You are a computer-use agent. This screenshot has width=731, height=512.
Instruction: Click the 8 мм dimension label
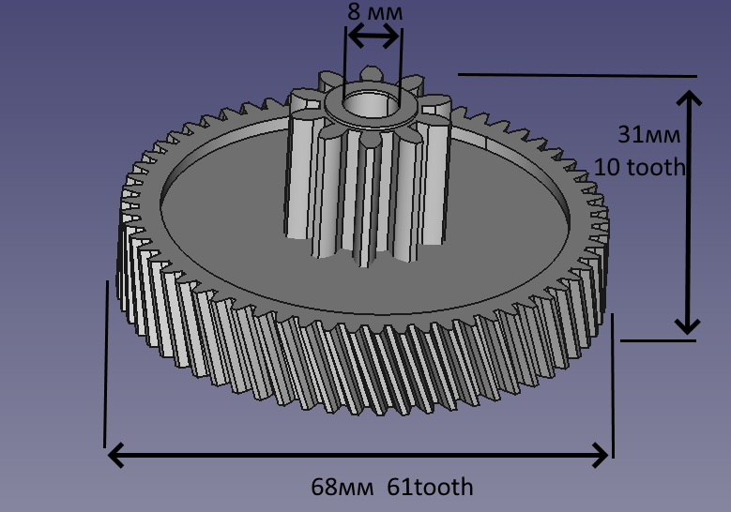[x=373, y=13]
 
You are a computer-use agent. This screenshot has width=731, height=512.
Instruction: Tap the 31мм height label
[x=645, y=135]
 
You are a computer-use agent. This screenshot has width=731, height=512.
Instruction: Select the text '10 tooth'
[x=640, y=168]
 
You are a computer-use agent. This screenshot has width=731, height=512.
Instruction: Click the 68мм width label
[x=343, y=488]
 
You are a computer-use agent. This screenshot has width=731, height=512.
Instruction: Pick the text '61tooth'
[x=433, y=488]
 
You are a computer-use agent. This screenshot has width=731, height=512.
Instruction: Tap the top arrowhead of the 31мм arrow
[x=689, y=99]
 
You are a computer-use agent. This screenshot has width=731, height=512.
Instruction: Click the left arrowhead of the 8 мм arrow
[x=354, y=36]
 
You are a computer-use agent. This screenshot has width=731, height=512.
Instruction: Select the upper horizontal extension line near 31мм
[x=577, y=75]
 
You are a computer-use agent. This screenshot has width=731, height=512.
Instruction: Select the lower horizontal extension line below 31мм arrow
[x=657, y=340]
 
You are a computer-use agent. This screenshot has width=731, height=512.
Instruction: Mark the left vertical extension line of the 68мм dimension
[x=105, y=366]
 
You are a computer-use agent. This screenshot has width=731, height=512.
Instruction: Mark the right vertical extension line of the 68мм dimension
[x=612, y=384]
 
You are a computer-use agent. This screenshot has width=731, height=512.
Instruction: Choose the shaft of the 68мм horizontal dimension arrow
[x=357, y=456]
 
